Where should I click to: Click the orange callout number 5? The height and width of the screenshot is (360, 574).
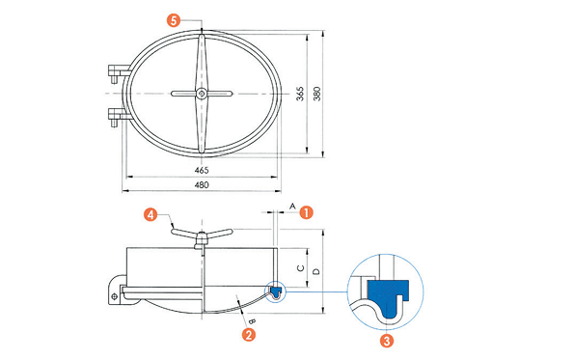tap(174, 20)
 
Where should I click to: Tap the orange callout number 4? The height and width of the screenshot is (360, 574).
tap(150, 214)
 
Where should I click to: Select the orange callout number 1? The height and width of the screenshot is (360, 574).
tap(307, 212)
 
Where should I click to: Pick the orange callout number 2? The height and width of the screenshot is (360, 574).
tap(249, 334)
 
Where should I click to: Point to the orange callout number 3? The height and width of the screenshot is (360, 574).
tap(387, 341)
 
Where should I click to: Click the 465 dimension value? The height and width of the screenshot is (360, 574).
tap(202, 170)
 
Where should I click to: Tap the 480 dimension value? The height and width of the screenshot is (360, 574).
tap(202, 184)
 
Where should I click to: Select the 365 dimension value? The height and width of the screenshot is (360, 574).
tap(300, 94)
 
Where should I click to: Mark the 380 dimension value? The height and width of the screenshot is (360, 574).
tap(317, 94)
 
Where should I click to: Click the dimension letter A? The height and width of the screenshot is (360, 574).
tap(292, 207)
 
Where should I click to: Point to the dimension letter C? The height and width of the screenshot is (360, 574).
tap(301, 268)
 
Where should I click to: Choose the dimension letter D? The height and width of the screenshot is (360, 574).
tap(317, 271)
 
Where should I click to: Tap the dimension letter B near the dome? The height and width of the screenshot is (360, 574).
tap(252, 321)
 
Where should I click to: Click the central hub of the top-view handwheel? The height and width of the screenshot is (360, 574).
tap(201, 94)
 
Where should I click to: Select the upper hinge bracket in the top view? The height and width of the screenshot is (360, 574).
tap(119, 72)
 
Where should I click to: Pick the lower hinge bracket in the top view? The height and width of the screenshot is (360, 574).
tap(119, 115)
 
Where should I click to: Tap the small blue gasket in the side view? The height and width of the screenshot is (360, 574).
tap(276, 291)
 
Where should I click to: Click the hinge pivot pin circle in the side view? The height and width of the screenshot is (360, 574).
tap(115, 296)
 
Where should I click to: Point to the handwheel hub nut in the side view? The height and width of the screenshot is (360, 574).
tap(201, 240)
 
